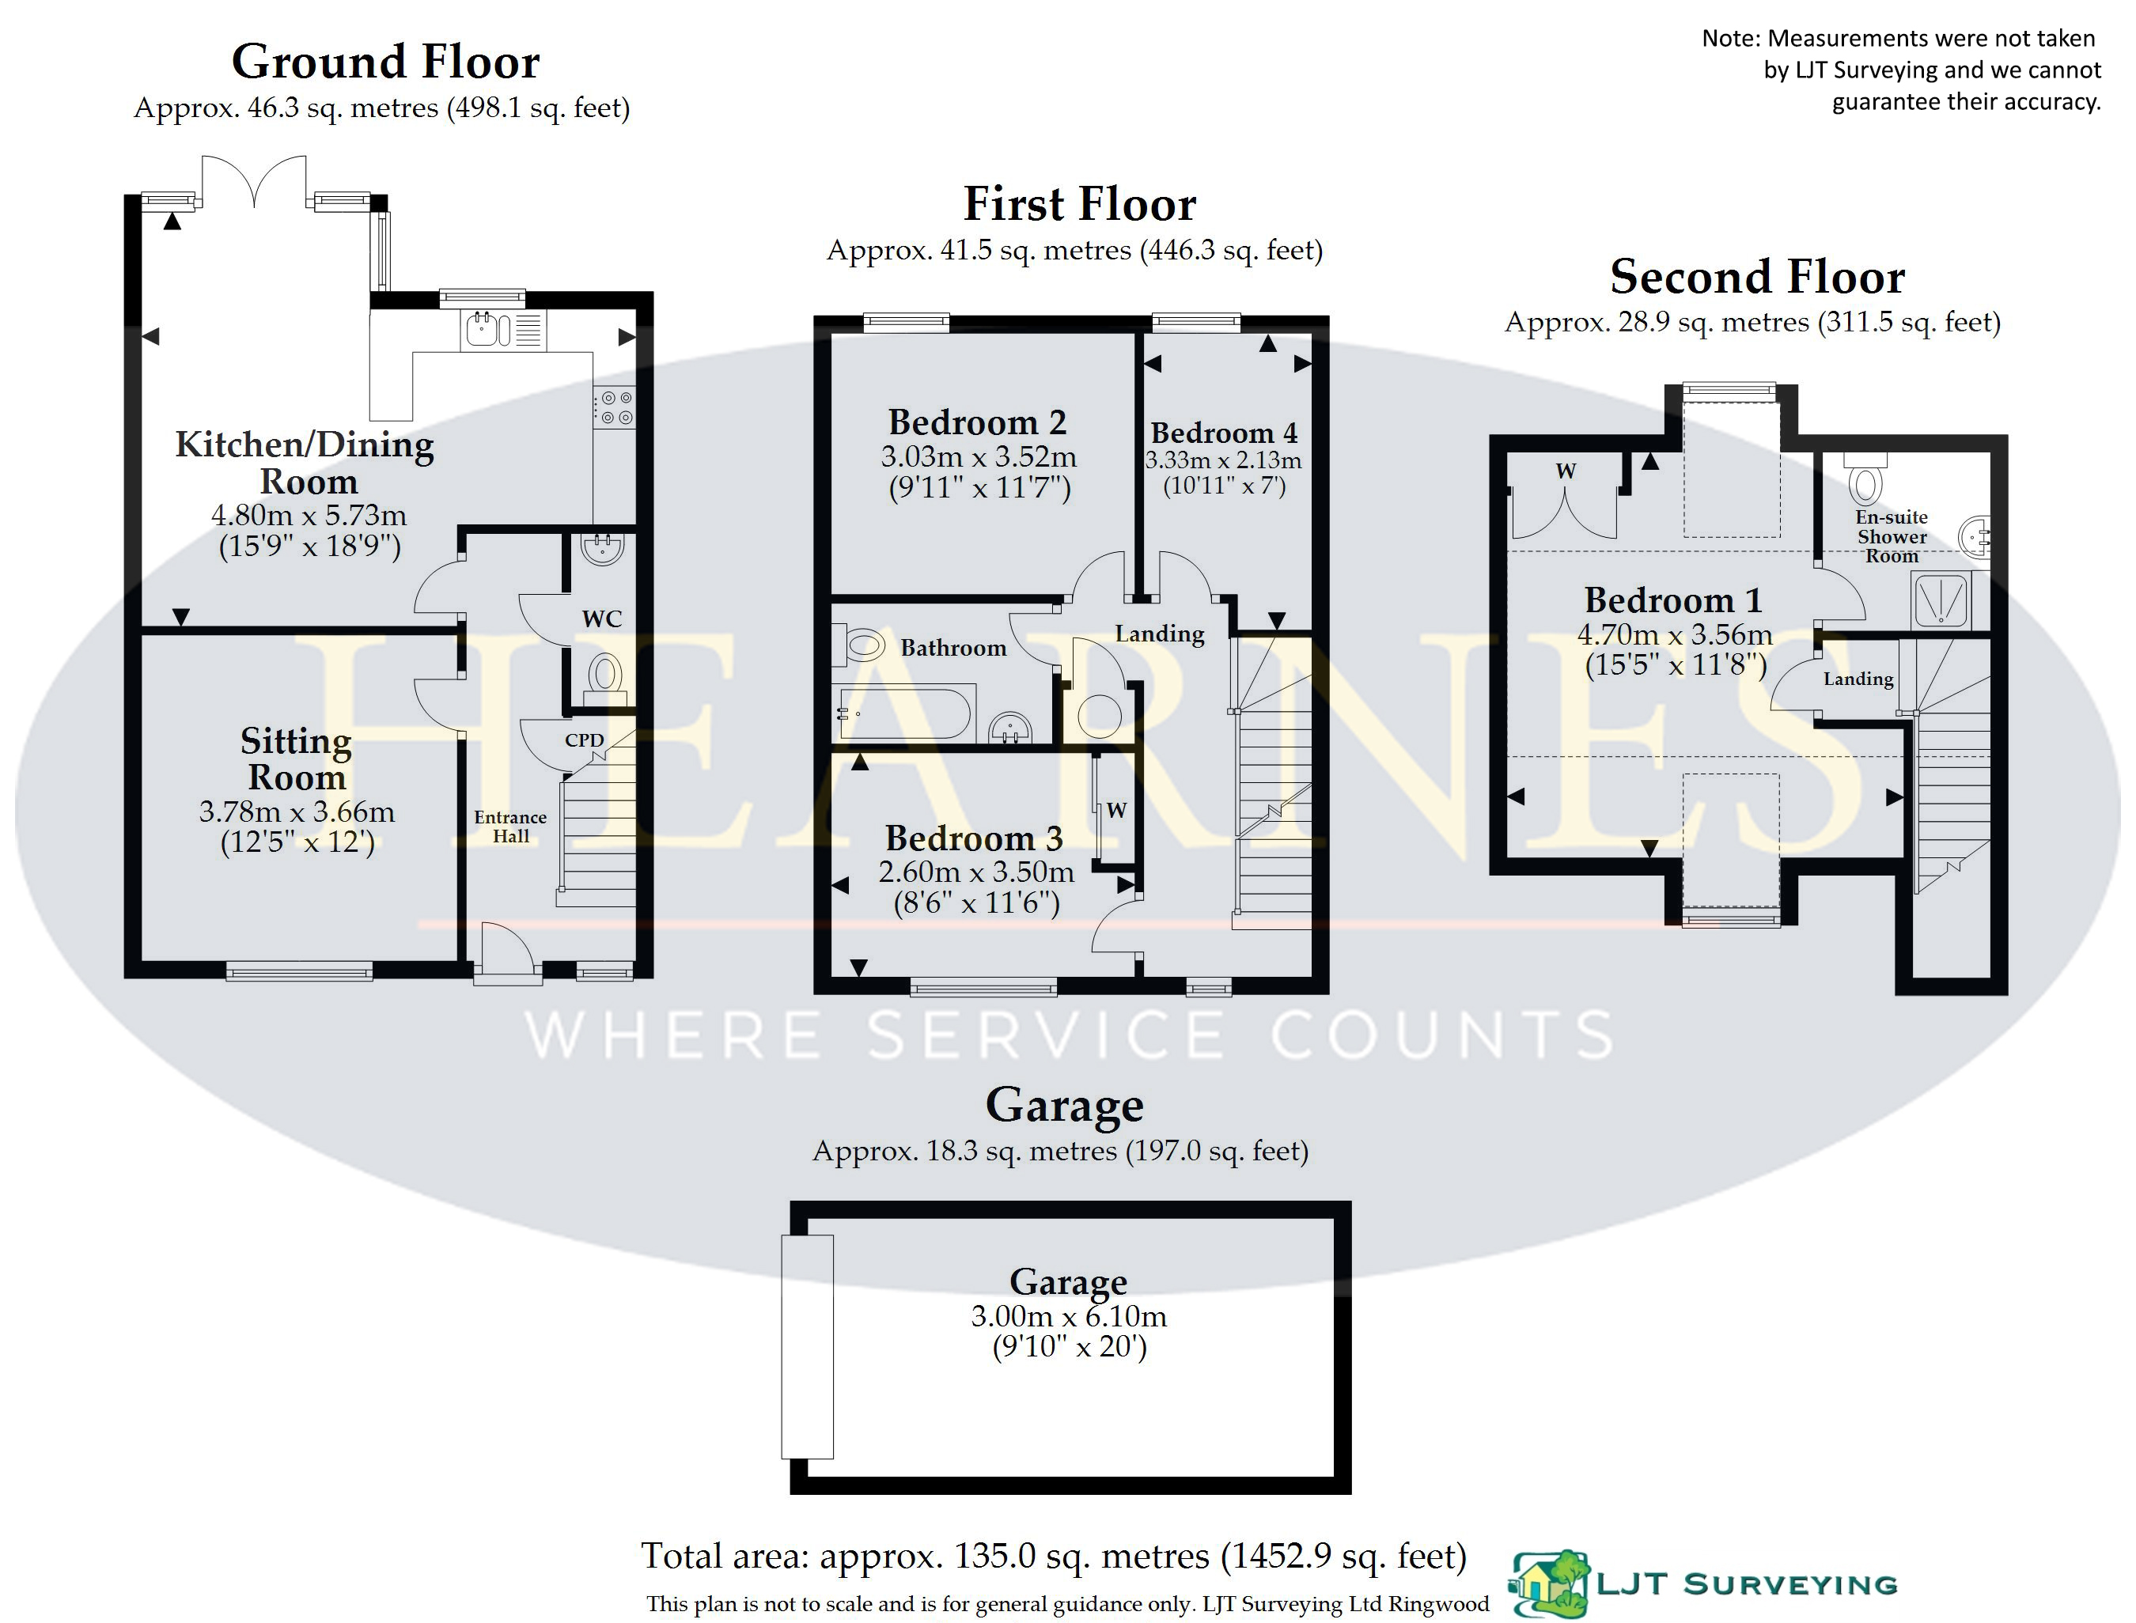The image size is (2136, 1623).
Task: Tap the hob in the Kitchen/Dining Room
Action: [x=615, y=407]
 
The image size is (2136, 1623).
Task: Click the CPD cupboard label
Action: [x=585, y=740]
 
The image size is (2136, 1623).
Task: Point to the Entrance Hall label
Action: [x=510, y=826]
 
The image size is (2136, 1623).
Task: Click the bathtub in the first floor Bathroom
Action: [x=904, y=712]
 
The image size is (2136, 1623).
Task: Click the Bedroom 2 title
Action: [x=977, y=422]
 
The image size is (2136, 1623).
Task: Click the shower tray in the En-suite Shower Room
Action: [x=1940, y=600]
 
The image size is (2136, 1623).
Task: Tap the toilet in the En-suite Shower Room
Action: [x=1865, y=475]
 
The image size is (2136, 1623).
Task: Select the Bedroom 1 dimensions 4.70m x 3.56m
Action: [x=1676, y=634]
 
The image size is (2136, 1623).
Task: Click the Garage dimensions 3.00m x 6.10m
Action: [x=1069, y=1316]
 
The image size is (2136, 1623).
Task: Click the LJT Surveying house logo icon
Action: [x=1550, y=1583]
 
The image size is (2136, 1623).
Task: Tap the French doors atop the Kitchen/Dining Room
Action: [x=254, y=182]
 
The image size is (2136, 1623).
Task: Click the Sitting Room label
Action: [x=296, y=759]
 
